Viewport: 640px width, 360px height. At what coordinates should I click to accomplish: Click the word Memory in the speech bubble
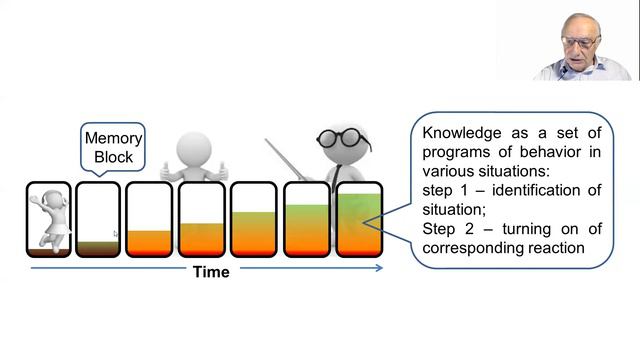click(x=113, y=138)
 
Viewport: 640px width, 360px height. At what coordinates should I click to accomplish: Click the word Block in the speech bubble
click(x=113, y=157)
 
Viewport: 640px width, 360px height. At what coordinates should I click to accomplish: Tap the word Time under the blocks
click(x=211, y=272)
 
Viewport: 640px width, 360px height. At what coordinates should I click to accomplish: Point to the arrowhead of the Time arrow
click(x=380, y=268)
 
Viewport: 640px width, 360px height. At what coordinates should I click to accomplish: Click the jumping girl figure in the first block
click(x=49, y=220)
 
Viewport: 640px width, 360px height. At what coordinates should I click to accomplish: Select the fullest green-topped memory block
click(x=359, y=220)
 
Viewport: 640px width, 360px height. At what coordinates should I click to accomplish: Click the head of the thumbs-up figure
click(x=194, y=149)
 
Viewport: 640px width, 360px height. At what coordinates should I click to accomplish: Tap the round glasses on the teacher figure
click(x=344, y=138)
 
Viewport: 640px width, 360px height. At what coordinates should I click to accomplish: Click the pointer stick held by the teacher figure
click(x=286, y=160)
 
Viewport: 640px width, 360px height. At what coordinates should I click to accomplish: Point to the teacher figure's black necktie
click(x=336, y=176)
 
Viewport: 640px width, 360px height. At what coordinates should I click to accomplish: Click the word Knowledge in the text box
click(x=462, y=133)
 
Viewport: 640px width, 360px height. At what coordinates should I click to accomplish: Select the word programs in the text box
click(x=455, y=153)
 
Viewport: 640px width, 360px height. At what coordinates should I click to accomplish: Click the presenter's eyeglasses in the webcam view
click(x=580, y=42)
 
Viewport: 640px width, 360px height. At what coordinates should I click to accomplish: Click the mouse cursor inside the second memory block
click(x=115, y=234)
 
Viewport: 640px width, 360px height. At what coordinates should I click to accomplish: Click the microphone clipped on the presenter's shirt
click(x=564, y=71)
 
